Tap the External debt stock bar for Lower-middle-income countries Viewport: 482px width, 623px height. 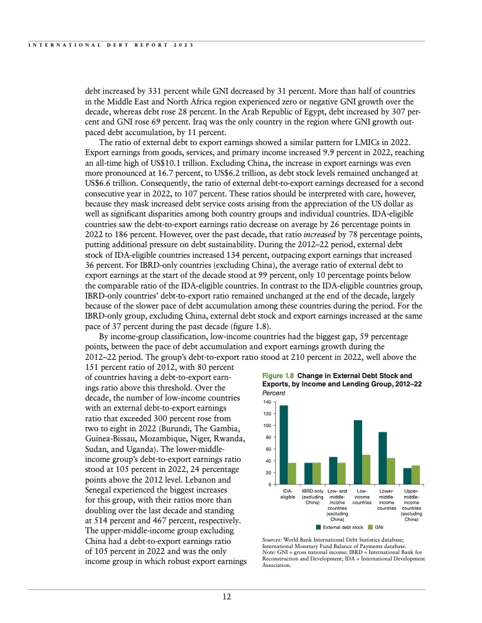coord(383,458)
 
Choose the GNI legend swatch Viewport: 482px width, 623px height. coord(370,527)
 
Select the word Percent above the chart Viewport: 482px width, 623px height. coord(273,392)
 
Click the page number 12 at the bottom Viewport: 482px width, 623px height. coord(226,596)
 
